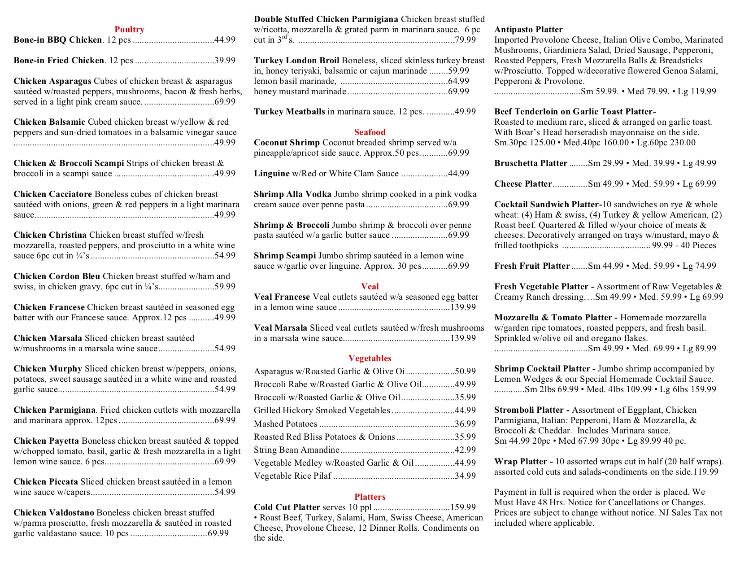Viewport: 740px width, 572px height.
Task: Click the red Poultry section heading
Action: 129,30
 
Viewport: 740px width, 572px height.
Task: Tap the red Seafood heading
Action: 370,132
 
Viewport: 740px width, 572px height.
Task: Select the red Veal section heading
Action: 370,287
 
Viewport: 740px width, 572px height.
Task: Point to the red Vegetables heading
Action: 370,358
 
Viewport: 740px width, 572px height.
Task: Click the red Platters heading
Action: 370,497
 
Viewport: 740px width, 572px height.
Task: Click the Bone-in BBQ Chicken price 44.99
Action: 225,40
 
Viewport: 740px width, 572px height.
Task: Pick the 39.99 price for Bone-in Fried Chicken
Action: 225,61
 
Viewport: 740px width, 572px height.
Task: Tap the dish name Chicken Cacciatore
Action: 52,194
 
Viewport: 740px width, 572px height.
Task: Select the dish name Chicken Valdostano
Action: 54,513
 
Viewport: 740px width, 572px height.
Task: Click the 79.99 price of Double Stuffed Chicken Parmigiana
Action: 465,40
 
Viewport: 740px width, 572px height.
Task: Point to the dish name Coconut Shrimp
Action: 287,143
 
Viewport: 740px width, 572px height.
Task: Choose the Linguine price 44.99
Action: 458,174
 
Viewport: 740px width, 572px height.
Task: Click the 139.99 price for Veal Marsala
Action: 463,338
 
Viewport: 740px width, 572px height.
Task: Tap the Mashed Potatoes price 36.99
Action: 465,424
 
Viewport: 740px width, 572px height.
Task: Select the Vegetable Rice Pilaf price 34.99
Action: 465,476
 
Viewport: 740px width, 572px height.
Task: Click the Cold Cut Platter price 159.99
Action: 463,507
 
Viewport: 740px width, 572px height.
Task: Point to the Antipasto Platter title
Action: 528,30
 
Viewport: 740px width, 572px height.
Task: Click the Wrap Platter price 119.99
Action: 705,472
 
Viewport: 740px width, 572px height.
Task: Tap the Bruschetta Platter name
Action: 531,163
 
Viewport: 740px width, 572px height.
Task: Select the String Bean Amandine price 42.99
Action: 465,450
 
